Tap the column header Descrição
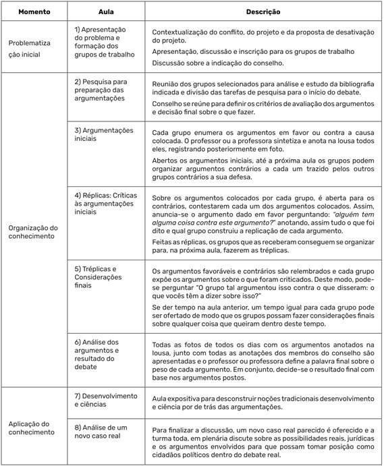[x=264, y=12]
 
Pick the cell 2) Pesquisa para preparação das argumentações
[x=102, y=89]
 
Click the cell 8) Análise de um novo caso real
[x=101, y=432]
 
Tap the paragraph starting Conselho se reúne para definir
[x=263, y=108]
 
